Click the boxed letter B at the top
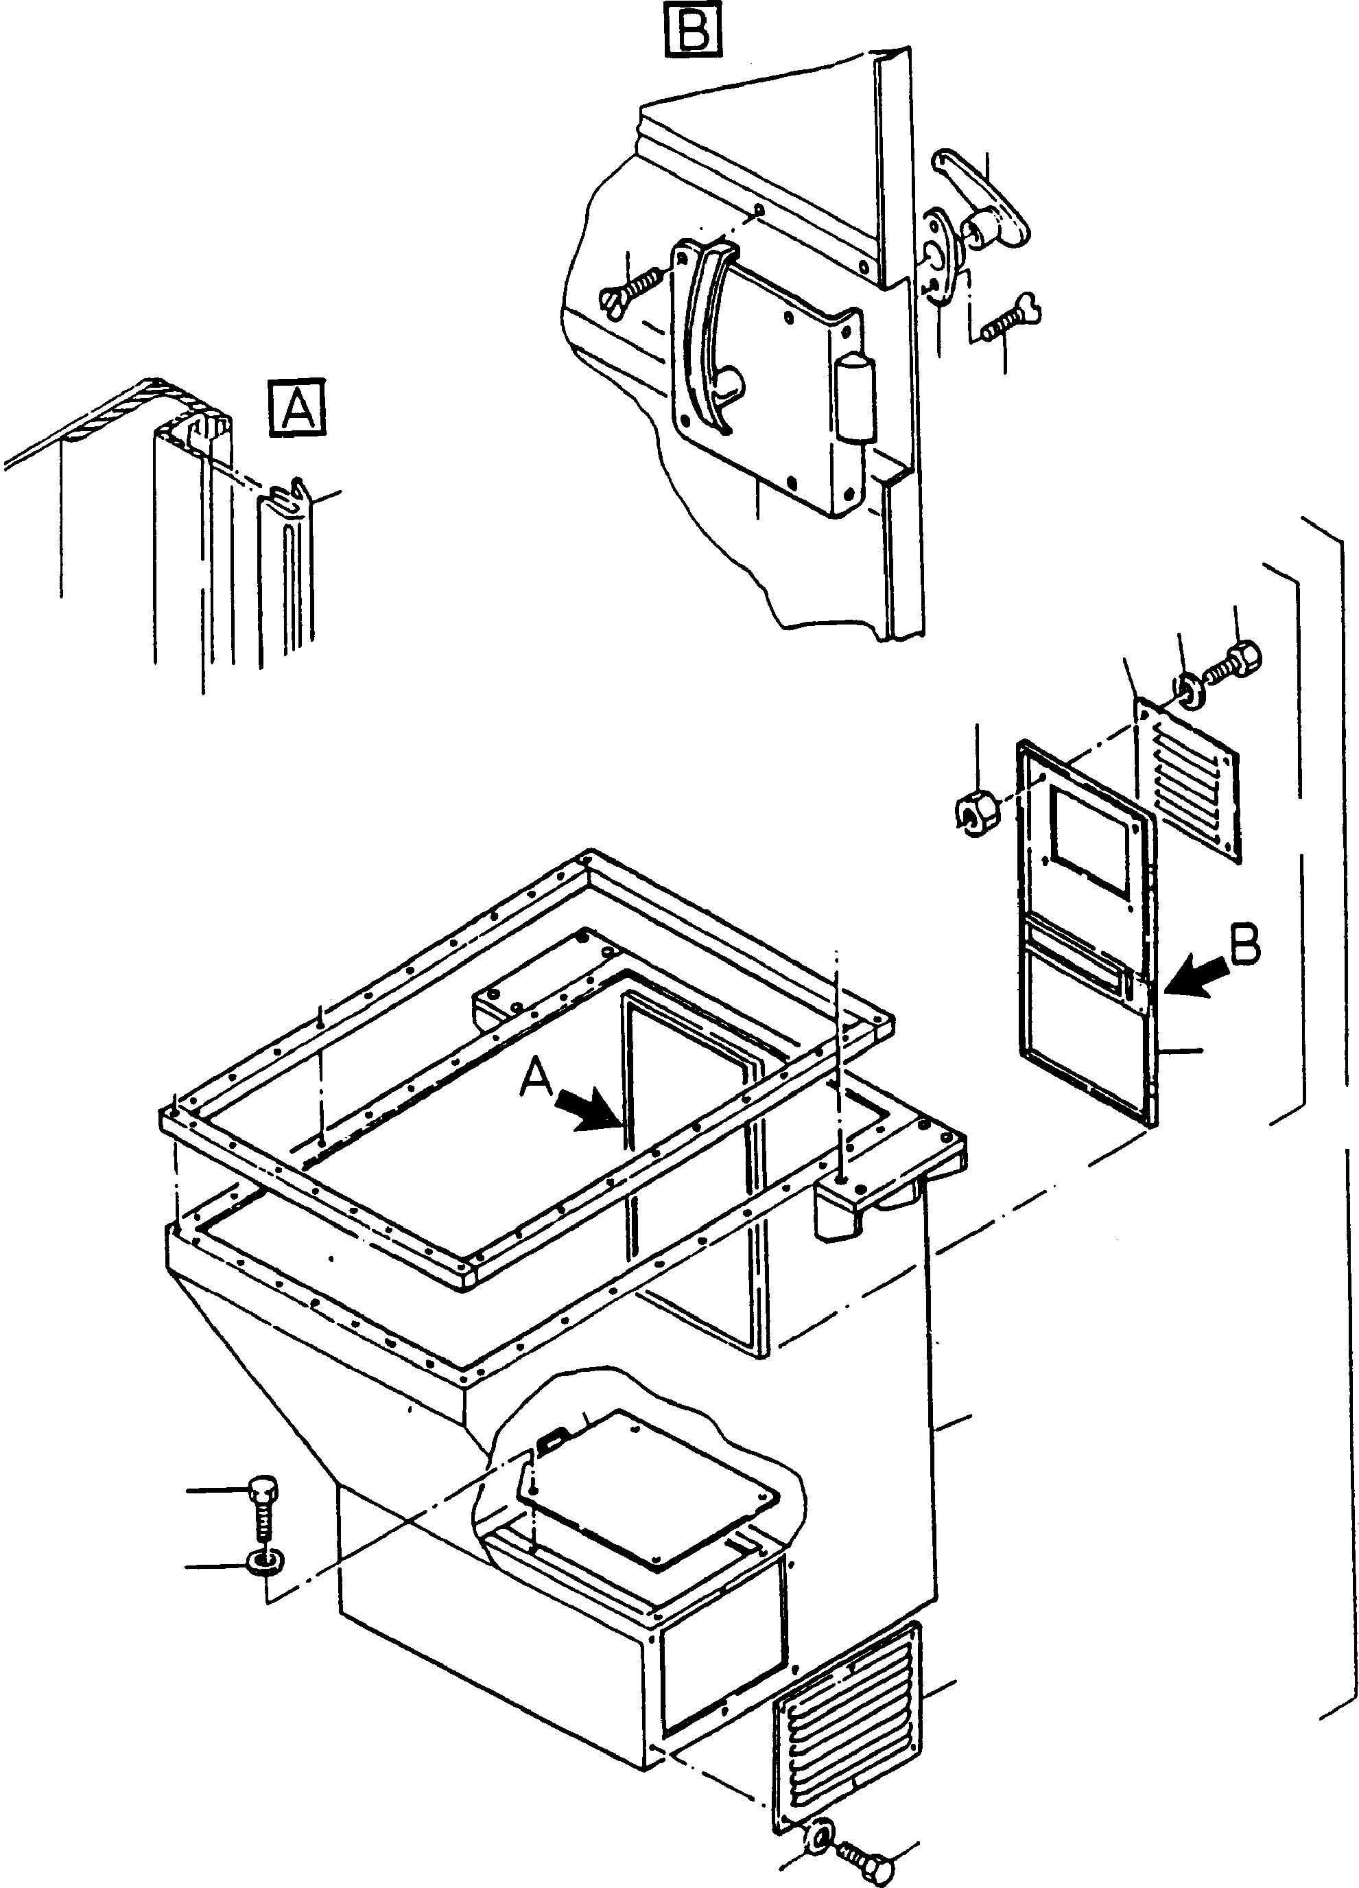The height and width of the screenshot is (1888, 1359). tap(692, 30)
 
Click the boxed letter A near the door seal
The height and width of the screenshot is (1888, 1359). tap(297, 407)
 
